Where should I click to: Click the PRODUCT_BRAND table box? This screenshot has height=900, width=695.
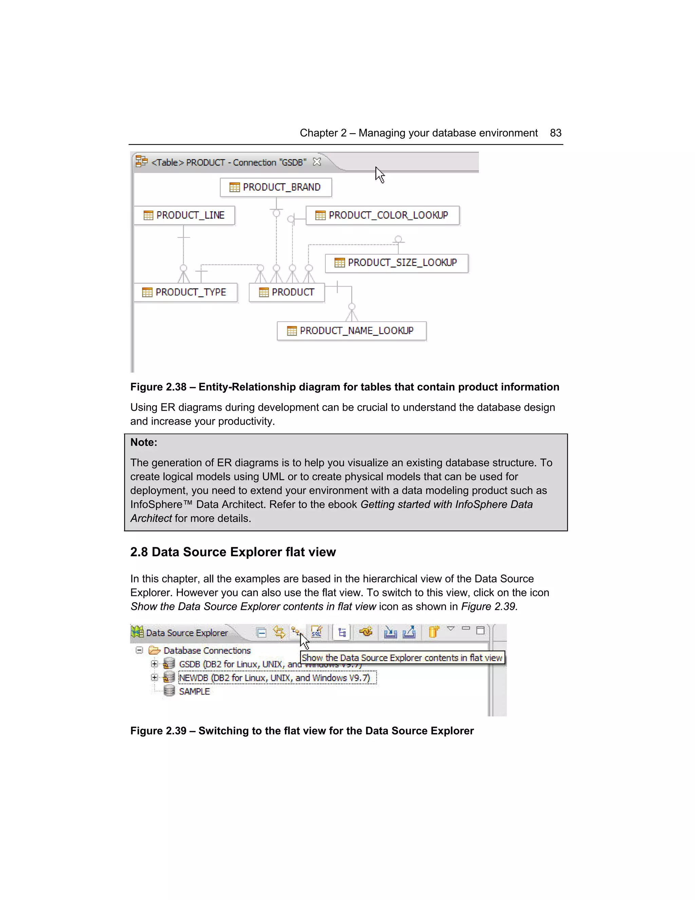276,187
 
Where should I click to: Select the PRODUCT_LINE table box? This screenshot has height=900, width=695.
185,215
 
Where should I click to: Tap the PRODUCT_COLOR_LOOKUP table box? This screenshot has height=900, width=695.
382,215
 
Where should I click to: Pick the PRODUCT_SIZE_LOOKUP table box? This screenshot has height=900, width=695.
396,263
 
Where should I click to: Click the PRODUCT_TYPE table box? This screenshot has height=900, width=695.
185,292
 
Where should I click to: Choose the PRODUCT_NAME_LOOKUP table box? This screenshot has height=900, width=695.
352,331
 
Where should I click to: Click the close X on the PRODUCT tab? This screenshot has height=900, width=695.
317,162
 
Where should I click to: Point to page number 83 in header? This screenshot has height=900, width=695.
556,133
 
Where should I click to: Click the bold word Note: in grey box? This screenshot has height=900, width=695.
144,442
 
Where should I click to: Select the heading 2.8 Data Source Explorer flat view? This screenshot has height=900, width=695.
233,552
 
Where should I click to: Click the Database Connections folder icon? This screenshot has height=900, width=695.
154,650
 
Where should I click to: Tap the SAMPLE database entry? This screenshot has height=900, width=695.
194,691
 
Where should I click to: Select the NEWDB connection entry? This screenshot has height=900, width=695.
274,678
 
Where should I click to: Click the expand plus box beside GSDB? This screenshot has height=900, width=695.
154,664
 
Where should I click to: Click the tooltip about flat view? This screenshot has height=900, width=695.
402,658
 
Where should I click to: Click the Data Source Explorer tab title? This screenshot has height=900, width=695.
187,633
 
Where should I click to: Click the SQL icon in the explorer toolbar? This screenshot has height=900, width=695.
316,632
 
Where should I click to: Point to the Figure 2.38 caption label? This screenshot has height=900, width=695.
158,387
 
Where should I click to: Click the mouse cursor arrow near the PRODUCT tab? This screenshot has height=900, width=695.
379,175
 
